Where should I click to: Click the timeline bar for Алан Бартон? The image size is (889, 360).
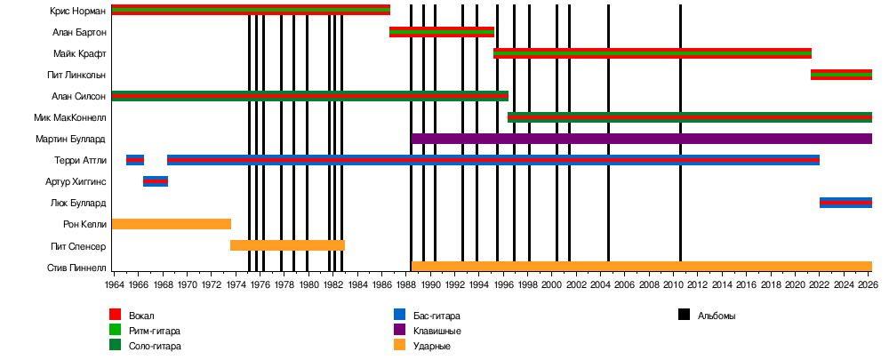[441, 32]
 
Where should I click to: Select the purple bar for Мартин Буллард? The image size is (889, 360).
[640, 139]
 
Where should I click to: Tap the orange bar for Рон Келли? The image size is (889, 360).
[171, 224]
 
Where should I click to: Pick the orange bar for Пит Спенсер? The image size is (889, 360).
[287, 245]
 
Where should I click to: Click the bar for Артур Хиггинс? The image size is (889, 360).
[156, 181]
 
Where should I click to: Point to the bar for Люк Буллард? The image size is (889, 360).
[845, 203]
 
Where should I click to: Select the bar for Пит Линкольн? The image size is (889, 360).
[841, 75]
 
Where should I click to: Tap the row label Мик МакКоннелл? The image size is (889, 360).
[71, 117]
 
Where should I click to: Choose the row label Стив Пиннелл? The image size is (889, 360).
[76, 267]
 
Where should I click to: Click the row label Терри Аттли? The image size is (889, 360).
[80, 160]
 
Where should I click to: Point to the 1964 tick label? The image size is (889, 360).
[114, 285]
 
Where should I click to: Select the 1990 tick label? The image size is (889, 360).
[429, 285]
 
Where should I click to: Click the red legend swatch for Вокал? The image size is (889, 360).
[115, 316]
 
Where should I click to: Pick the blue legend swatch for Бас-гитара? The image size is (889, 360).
[399, 316]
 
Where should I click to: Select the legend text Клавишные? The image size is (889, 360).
[437, 331]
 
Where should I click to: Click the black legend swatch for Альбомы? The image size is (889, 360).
[684, 316]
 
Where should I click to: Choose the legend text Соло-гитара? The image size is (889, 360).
[155, 346]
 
